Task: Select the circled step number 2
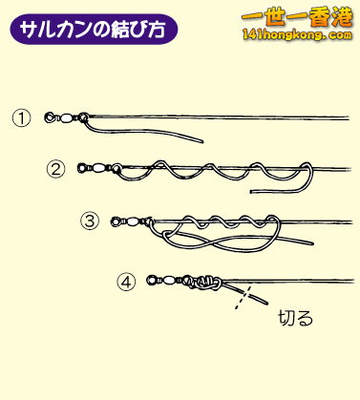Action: (x=55, y=169)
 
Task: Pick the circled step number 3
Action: (x=91, y=221)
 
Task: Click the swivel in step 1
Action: (x=64, y=118)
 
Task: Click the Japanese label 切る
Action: (x=294, y=317)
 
